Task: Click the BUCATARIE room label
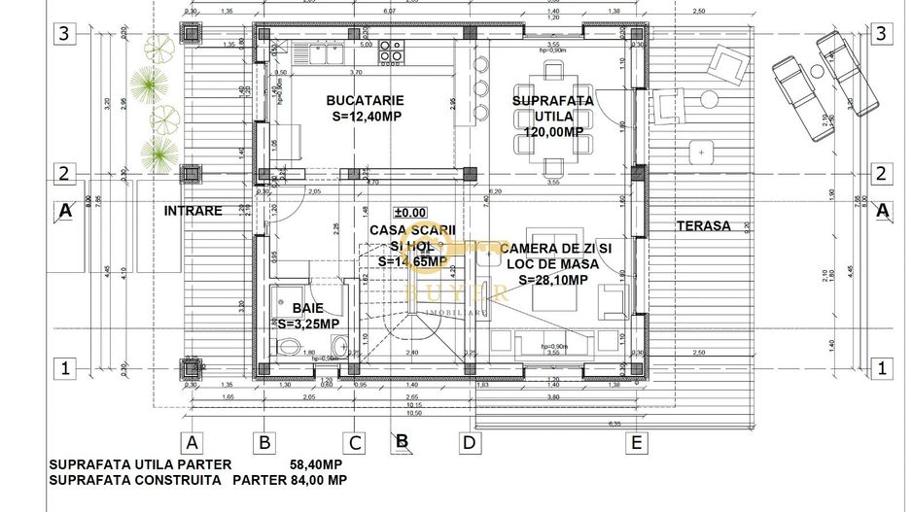tap(365, 100)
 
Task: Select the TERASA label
tap(704, 225)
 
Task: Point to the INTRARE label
tap(193, 210)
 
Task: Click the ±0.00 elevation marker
tap(409, 212)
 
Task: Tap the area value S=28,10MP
tap(554, 280)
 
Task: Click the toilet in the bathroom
tap(339, 346)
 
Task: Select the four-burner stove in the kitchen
tap(391, 51)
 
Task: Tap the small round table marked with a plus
tap(700, 152)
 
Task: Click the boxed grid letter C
tap(356, 443)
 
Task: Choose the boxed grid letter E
tap(637, 443)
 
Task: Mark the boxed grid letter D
tap(470, 443)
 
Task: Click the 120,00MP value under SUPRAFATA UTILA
tap(553, 132)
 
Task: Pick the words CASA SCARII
tap(411, 230)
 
